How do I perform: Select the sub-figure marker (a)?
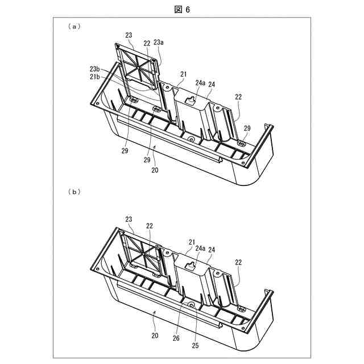(x=73, y=26)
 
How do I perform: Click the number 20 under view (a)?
(x=155, y=169)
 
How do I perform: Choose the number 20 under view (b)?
(x=155, y=336)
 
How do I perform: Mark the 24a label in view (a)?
(x=200, y=83)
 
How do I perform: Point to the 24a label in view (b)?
(x=200, y=248)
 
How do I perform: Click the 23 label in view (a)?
(x=129, y=35)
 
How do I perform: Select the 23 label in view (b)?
(x=129, y=219)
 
